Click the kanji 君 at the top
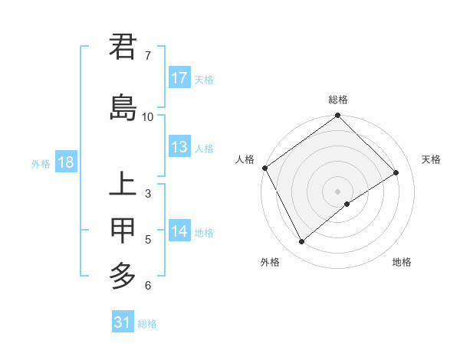pos(123,47)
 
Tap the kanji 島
pos(123,106)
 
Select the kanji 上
pos(123,185)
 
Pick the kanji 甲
pos(123,230)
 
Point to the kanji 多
pos(123,275)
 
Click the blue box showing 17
pos(179,78)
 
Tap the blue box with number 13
pos(179,148)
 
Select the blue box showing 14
pos(179,232)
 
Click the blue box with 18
pos(65,162)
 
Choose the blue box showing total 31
pos(123,322)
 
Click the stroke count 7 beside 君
pos(147,56)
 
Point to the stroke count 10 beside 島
pos(148,116)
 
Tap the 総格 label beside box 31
pos(147,324)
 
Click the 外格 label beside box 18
pos(41,163)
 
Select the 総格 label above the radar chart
pos(338,100)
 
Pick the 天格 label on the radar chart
pos(432,159)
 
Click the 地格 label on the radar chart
pos(402,262)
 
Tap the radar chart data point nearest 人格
pos(264,168)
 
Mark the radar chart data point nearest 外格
pos(301,242)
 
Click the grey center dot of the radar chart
pos(337,191)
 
